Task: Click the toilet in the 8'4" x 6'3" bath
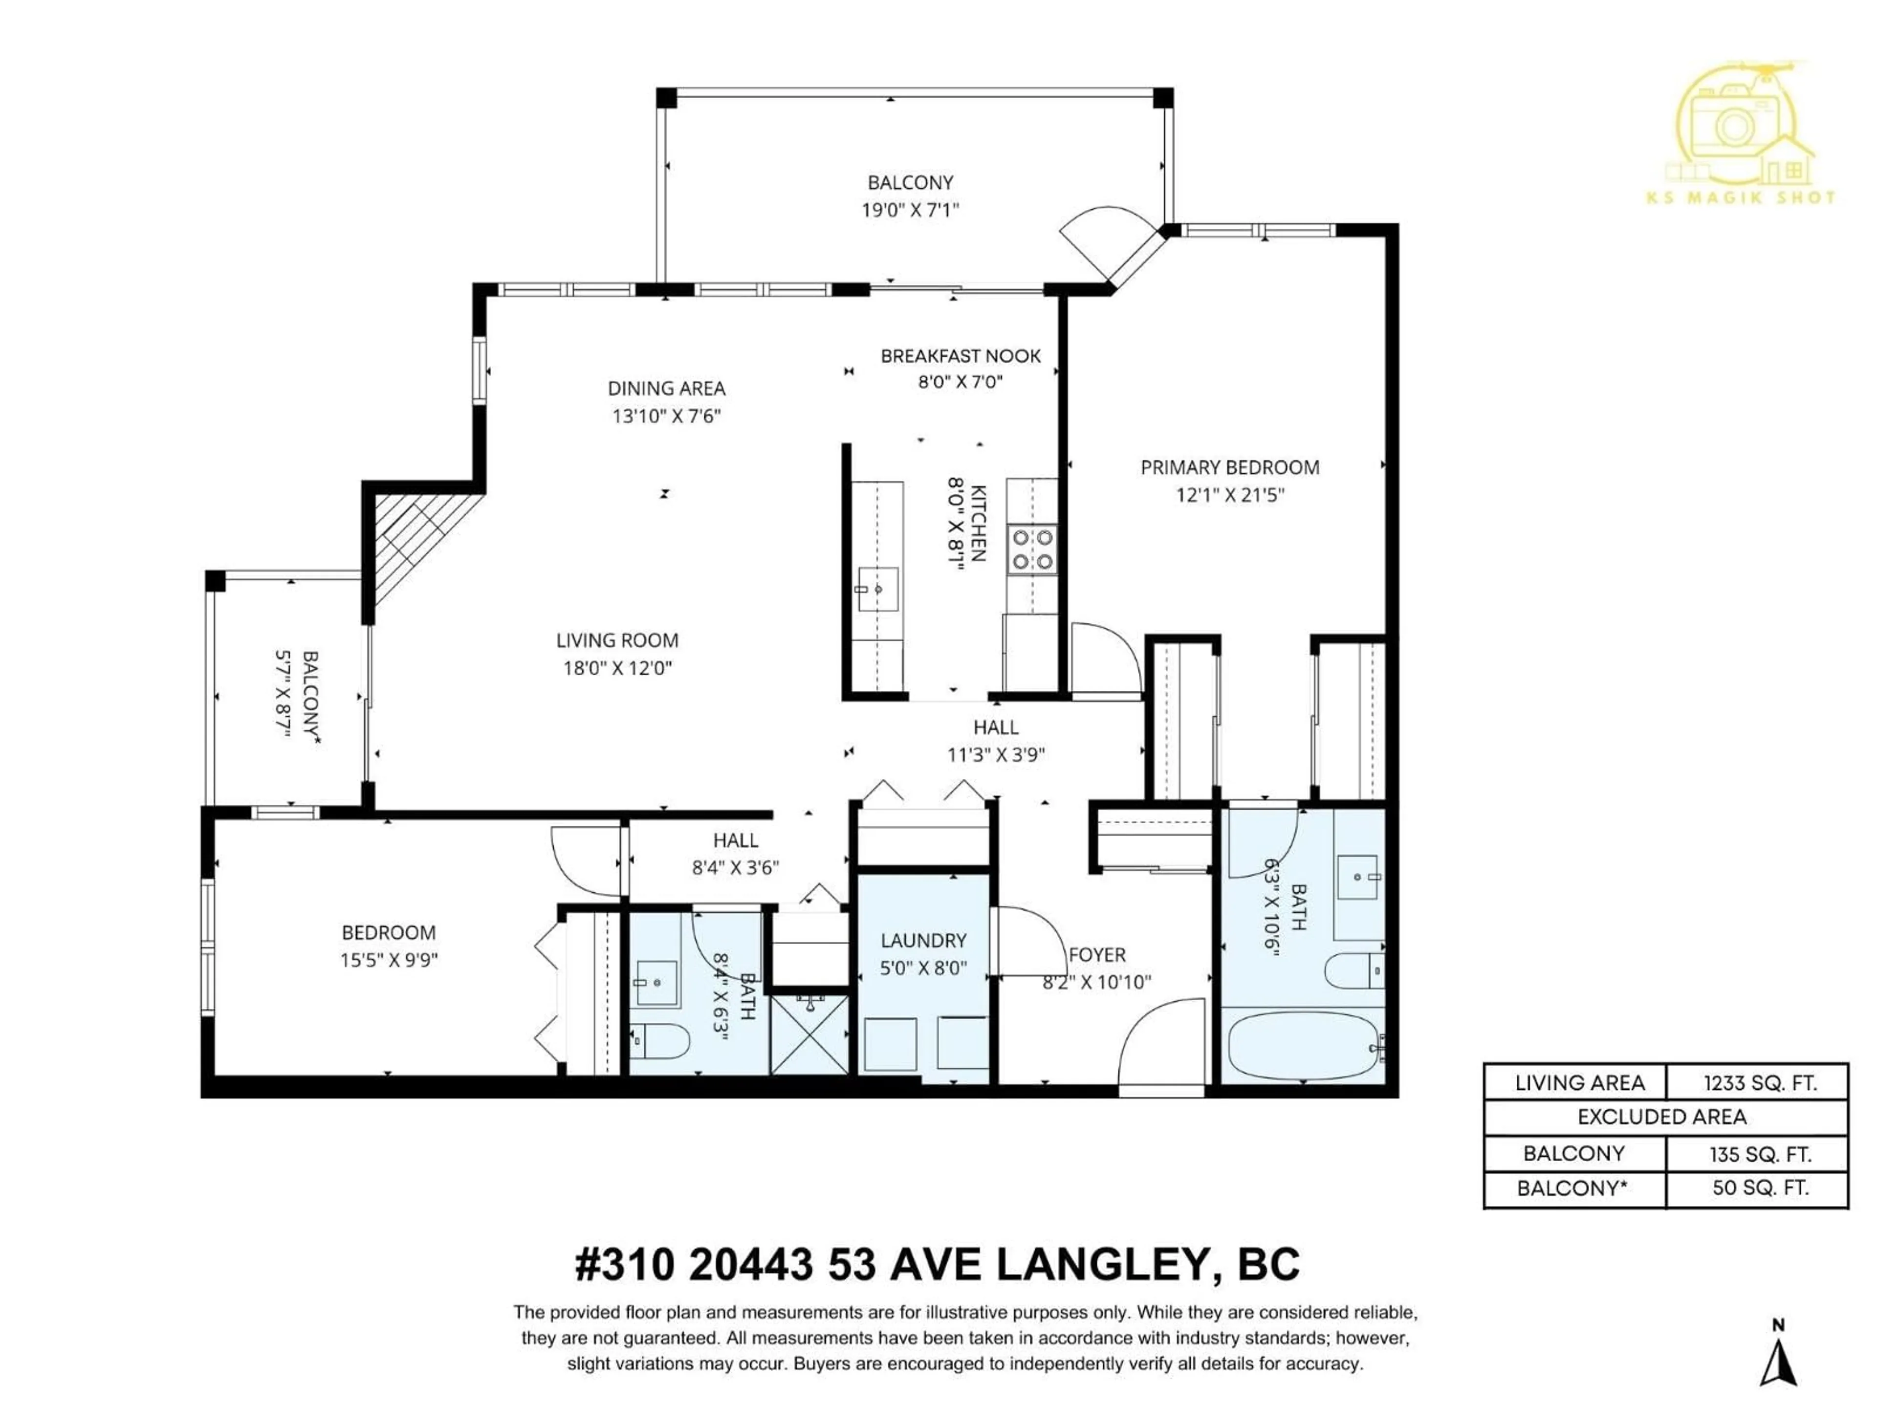click(x=660, y=1041)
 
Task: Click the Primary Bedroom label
click(x=1229, y=468)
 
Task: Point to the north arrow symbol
click(x=1779, y=1363)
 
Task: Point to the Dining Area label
click(x=666, y=389)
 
